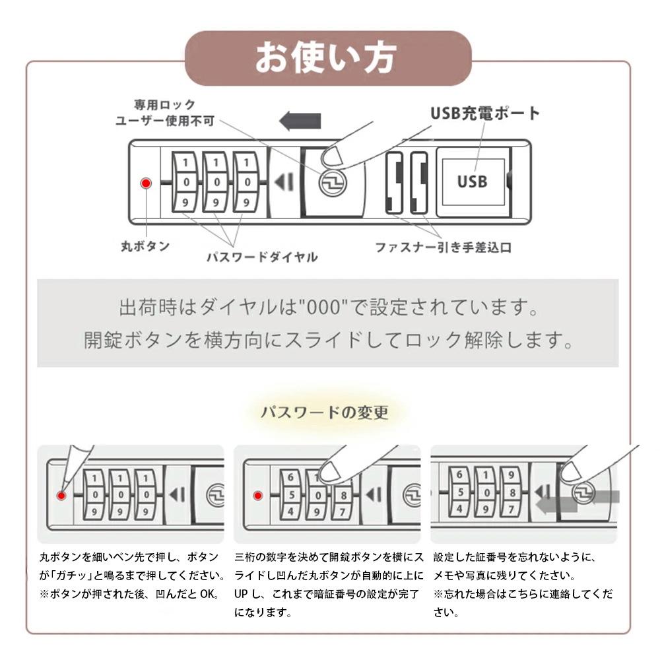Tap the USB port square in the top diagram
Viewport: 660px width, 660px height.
(x=473, y=180)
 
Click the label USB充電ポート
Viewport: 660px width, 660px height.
(x=485, y=113)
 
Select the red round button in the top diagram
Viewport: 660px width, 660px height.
(x=147, y=182)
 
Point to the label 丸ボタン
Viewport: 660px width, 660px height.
(x=145, y=246)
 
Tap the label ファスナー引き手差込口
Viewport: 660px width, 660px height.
(x=443, y=248)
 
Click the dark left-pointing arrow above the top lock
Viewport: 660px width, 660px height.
(x=300, y=121)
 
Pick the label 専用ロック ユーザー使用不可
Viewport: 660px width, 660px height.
(x=164, y=112)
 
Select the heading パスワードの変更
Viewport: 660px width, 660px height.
(x=324, y=413)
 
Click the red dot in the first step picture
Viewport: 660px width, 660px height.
(x=62, y=495)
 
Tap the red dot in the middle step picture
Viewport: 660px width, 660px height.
(x=258, y=495)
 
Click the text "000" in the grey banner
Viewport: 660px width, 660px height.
(x=320, y=308)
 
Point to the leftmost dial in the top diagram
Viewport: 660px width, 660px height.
(x=185, y=182)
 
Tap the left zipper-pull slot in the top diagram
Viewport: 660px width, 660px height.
(x=394, y=182)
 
